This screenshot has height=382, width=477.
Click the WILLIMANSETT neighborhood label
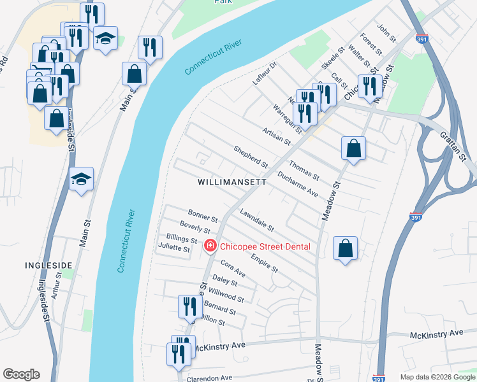[x=231, y=181]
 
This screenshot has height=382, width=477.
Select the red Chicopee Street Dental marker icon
[x=210, y=246]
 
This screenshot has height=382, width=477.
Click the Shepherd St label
[x=250, y=157]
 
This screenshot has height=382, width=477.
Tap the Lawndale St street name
[x=257, y=220]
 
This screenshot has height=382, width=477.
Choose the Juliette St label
[x=174, y=249]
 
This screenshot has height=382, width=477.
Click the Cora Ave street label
[x=233, y=268]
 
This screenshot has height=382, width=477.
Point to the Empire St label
[x=265, y=264]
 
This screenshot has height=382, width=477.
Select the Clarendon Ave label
[x=209, y=378]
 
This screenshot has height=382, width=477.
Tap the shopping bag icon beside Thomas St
[x=353, y=149]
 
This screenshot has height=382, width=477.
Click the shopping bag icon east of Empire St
[x=344, y=248]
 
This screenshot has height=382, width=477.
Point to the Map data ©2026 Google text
[x=437, y=377]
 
